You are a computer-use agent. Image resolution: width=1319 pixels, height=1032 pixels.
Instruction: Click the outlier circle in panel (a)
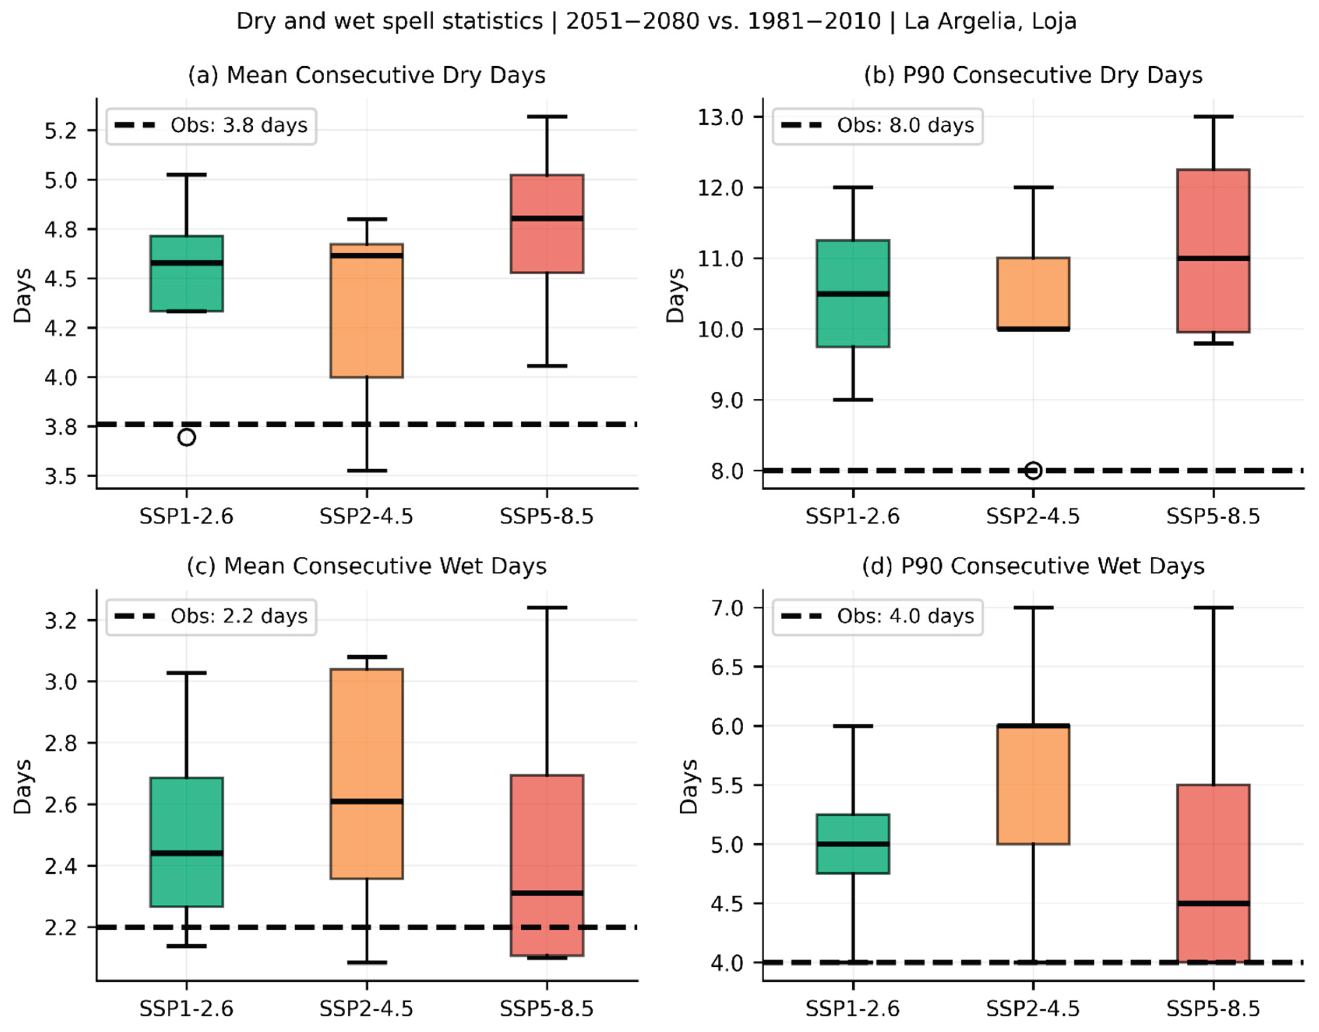(187, 437)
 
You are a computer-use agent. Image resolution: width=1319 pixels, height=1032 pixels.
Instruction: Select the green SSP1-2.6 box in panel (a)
(187, 274)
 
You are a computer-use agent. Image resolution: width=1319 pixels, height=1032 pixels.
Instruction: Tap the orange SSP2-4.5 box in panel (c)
(367, 773)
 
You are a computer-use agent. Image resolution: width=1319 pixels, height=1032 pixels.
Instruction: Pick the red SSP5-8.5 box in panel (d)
(1213, 873)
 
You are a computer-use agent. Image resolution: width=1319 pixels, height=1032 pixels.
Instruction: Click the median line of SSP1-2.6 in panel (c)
(187, 853)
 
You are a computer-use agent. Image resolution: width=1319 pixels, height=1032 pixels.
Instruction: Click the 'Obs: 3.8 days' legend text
(239, 125)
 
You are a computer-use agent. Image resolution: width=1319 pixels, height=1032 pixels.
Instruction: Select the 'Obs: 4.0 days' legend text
(905, 616)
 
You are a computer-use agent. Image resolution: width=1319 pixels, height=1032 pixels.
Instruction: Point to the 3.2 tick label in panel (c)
(61, 620)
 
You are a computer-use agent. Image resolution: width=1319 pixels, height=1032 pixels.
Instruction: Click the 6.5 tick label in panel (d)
(727, 666)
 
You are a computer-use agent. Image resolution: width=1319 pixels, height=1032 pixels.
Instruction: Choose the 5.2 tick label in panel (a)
(61, 131)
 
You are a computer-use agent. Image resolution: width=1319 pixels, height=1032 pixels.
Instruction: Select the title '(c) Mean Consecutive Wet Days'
(367, 566)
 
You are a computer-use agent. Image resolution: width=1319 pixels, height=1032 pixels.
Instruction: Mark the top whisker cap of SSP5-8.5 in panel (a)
(547, 117)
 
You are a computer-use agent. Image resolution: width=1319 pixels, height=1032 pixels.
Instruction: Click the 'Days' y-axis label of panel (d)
(688, 787)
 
